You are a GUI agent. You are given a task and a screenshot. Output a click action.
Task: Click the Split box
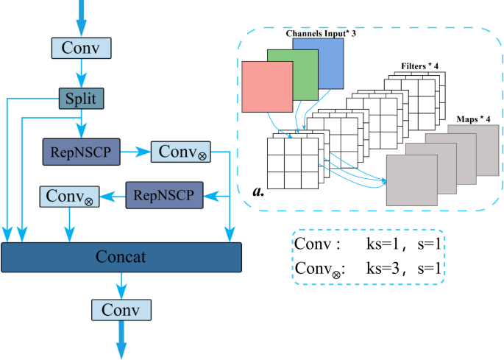pos(81,98)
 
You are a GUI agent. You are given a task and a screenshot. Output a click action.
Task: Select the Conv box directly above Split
pos(81,48)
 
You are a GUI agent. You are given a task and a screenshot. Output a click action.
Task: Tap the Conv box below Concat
pos(122,308)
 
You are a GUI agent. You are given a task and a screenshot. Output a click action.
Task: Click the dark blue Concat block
pos(121,257)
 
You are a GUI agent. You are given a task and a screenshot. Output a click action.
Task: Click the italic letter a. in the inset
pos(258,191)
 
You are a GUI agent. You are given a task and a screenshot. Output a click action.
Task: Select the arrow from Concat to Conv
pos(122,284)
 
